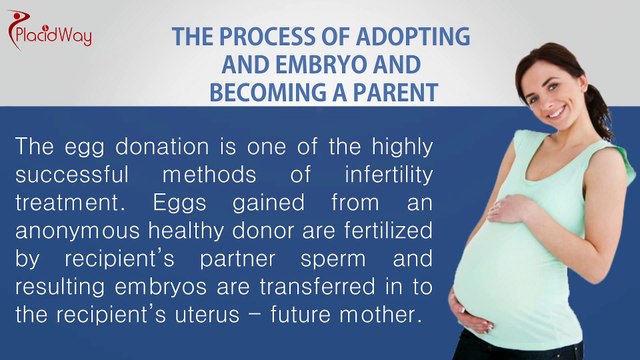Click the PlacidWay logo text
pyautogui.click(x=58, y=36)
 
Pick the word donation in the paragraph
pyautogui.click(x=141, y=146)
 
